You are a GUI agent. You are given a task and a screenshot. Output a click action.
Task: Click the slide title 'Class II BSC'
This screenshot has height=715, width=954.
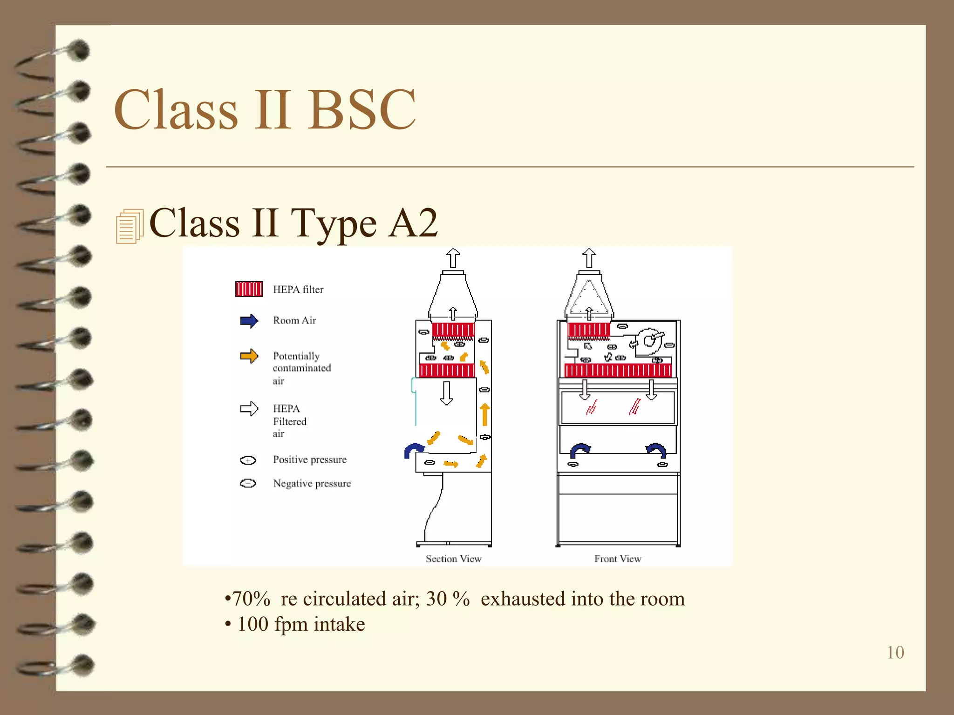pyautogui.click(x=265, y=110)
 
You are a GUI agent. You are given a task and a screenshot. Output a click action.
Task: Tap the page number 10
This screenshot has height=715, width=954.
pyautogui.click(x=895, y=652)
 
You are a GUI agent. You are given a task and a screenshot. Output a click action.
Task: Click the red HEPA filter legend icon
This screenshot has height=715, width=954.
pyautogui.click(x=249, y=289)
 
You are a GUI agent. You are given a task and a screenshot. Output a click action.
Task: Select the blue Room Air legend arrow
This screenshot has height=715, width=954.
pyautogui.click(x=249, y=321)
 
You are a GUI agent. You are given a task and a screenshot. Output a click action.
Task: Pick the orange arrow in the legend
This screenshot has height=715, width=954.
pyautogui.click(x=249, y=356)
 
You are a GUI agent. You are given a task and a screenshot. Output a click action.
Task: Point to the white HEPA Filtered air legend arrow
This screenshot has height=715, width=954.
pyautogui.click(x=249, y=409)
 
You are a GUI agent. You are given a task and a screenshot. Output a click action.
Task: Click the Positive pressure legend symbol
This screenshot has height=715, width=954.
pyautogui.click(x=248, y=460)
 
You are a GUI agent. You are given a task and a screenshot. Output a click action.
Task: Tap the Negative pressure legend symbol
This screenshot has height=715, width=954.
pyautogui.click(x=248, y=483)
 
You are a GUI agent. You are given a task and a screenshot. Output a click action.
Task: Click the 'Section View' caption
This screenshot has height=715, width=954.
pyautogui.click(x=453, y=559)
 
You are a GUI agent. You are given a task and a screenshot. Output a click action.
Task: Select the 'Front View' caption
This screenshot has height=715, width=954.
pyautogui.click(x=618, y=559)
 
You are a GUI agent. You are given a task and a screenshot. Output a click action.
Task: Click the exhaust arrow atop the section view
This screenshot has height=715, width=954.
pyautogui.click(x=453, y=258)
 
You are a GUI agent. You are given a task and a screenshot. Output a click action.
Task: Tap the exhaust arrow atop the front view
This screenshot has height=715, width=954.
pyautogui.click(x=589, y=258)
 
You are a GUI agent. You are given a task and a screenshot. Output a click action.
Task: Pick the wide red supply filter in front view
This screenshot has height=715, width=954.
pyautogui.click(x=618, y=371)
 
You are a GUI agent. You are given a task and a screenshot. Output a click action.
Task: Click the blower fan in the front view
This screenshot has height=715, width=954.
pyautogui.click(x=649, y=341)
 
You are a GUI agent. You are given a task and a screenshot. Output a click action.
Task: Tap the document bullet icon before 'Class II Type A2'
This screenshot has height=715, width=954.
pyautogui.click(x=129, y=227)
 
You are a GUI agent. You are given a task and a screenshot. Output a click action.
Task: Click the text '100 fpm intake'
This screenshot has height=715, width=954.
pyautogui.click(x=301, y=624)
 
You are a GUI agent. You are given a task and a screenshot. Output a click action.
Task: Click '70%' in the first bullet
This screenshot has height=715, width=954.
pyautogui.click(x=251, y=599)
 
